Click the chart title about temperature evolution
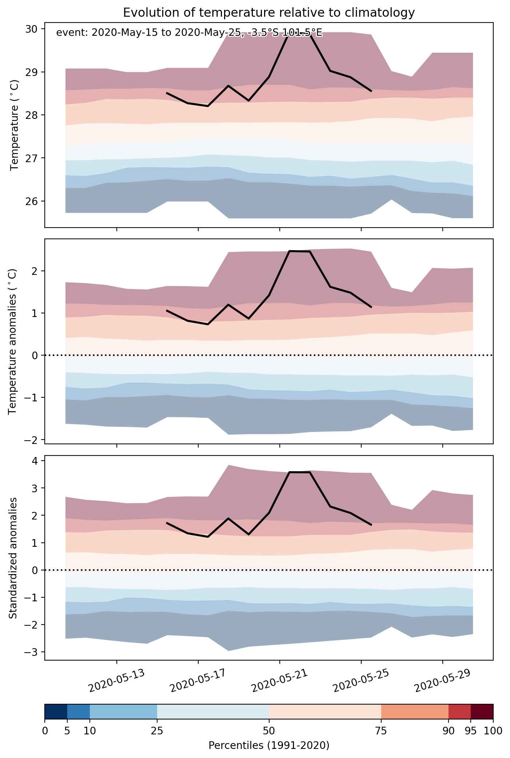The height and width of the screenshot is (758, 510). (x=269, y=13)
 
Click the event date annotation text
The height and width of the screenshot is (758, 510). (x=189, y=33)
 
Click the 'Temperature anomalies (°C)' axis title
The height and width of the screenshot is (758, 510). (x=13, y=341)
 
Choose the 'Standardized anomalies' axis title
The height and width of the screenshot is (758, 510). (x=13, y=558)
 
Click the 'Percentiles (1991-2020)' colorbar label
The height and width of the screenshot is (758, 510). (x=269, y=746)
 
